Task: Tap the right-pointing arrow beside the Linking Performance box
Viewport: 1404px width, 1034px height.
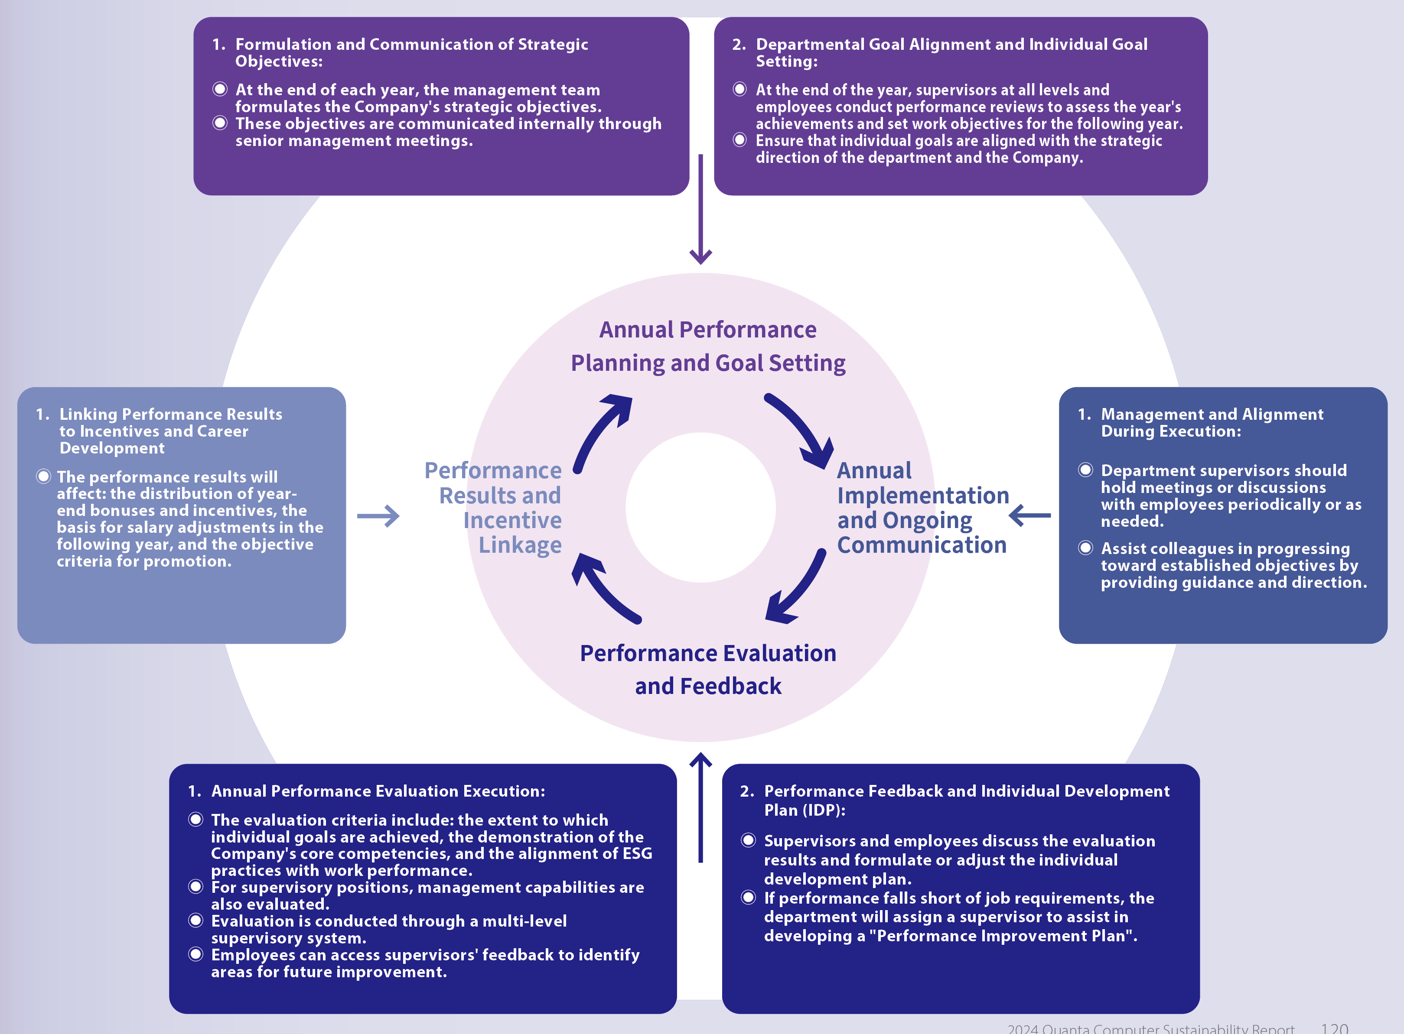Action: pyautogui.click(x=378, y=516)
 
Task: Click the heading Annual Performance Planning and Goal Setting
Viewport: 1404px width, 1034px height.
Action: pyautogui.click(x=708, y=346)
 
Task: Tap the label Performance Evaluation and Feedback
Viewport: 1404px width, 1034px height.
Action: pyautogui.click(x=708, y=669)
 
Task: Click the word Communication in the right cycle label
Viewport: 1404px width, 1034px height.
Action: pyautogui.click(x=921, y=545)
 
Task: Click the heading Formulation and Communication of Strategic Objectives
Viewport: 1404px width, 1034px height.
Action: pyautogui.click(x=411, y=52)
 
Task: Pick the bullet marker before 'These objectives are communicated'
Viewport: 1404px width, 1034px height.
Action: pyautogui.click(x=220, y=123)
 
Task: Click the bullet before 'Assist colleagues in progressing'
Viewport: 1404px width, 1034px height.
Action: pyautogui.click(x=1085, y=548)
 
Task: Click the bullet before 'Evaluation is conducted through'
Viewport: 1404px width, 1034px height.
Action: pyautogui.click(x=196, y=920)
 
